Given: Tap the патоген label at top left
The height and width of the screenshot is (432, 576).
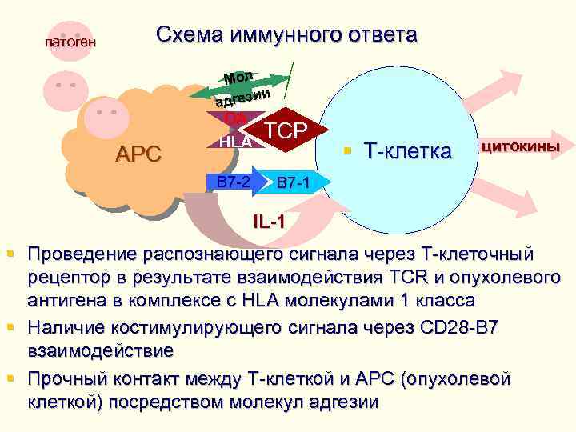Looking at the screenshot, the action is point(70,41).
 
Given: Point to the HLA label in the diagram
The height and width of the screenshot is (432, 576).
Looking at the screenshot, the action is point(236,142).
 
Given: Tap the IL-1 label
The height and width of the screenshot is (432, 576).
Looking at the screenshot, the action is point(267,221).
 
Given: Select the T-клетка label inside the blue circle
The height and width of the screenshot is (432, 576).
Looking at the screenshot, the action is point(407,150).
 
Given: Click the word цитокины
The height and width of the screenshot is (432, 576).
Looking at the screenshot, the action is point(520,146).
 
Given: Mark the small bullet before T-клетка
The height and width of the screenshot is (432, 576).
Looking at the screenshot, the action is point(349,150).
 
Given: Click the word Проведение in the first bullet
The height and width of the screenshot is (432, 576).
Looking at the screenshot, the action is point(81,255).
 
